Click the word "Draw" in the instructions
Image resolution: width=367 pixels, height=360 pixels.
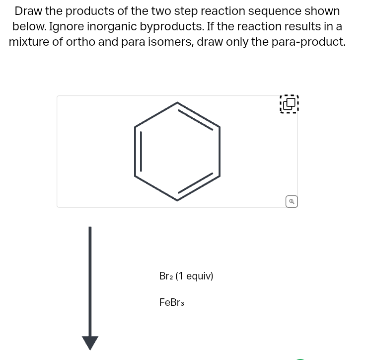point(28,11)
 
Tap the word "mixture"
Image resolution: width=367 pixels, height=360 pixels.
point(28,42)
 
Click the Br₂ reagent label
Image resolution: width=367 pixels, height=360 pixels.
point(166,276)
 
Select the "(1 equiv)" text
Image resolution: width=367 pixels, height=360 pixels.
point(194,276)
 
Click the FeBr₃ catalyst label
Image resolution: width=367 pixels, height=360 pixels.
point(171,302)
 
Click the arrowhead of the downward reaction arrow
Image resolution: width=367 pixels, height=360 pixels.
point(90,343)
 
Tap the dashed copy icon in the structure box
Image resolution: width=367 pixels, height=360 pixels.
point(289,104)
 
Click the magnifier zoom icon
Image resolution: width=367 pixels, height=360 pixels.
point(292,201)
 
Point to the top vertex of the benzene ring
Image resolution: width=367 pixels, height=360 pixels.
point(177,103)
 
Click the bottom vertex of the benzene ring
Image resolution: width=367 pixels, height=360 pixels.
point(177,200)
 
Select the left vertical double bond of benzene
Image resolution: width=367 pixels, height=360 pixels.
point(137,151)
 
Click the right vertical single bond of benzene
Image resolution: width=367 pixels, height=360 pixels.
point(220,151)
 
